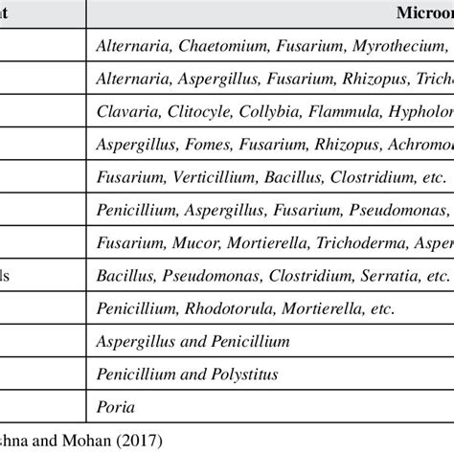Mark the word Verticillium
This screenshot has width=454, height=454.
(x=208, y=177)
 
